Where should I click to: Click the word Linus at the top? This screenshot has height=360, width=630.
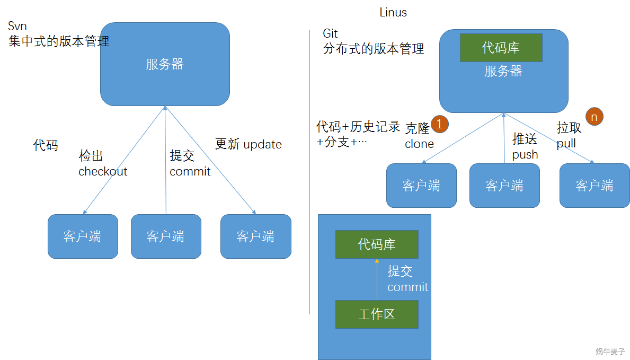coord(393,12)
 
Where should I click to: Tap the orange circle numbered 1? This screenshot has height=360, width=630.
coord(440,124)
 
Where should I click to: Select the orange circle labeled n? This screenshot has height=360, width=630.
coord(594,117)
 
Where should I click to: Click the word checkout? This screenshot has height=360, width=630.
coord(103,171)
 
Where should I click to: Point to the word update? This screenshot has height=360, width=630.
coord(263,144)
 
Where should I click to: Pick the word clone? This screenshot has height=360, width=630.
coord(419,144)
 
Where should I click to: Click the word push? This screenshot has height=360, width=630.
coord(525,154)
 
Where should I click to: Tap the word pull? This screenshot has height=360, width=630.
coord(566,144)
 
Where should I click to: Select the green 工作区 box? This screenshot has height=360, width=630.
coord(377,314)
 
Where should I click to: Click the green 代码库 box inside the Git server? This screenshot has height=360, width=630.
coord(501,48)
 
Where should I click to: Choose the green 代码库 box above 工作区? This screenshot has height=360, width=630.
coord(377,244)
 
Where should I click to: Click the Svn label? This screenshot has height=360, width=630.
coord(17,27)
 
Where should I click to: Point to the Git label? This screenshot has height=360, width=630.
coord(330,34)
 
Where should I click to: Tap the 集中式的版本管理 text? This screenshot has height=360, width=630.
coord(59,41)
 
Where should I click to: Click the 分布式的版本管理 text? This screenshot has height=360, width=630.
coord(374,49)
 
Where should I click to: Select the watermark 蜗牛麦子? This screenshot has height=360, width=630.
coord(610,351)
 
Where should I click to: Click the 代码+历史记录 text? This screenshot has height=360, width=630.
coord(358,127)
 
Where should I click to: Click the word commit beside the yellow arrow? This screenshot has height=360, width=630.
coord(407,287)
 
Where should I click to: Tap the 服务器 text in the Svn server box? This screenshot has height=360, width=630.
coord(165,64)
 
